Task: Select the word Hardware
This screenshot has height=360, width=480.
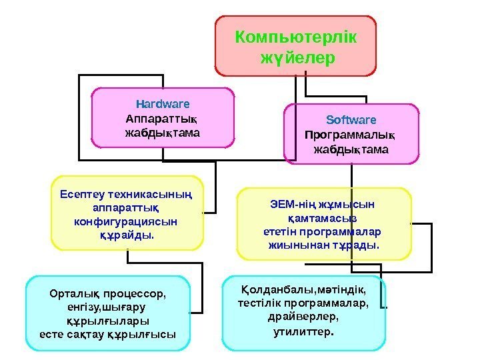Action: [x=163, y=104]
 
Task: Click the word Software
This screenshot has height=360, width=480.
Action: [x=351, y=121]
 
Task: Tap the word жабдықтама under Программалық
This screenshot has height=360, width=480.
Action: [x=351, y=150]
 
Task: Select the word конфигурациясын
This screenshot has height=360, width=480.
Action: [x=126, y=221]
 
